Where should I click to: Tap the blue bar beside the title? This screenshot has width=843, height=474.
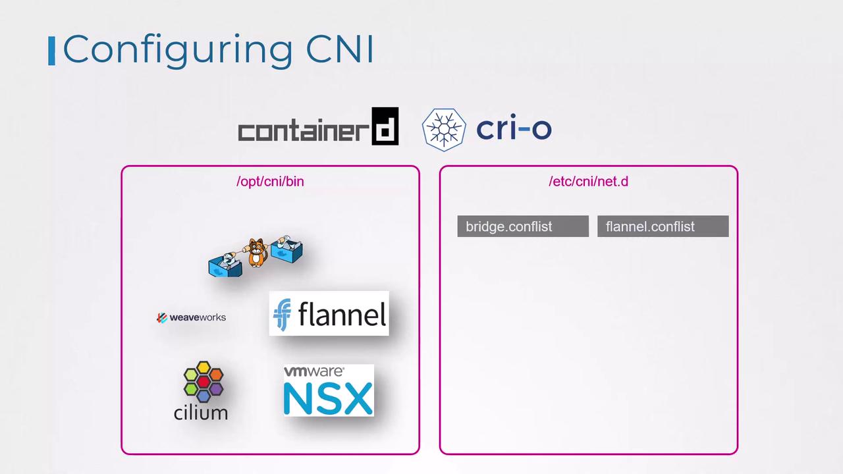51,51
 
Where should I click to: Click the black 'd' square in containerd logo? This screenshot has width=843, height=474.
385,126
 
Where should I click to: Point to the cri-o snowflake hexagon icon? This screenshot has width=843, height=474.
444,129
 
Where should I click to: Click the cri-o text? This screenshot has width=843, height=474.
514,128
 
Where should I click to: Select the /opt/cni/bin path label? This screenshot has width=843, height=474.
270,181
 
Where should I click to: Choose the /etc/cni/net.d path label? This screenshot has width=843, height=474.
588,181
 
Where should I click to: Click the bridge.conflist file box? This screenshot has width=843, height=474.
523,226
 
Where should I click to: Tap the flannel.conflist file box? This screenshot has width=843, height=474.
663,226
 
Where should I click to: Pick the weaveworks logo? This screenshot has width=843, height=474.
192,317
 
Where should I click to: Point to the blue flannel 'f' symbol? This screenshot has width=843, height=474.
282,315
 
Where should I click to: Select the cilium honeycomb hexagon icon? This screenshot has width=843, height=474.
203,381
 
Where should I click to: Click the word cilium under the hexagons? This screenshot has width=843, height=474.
201,413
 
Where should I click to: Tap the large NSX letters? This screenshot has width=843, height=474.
328,398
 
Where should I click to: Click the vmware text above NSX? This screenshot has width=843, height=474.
313,372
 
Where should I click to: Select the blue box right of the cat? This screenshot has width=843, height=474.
286,250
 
